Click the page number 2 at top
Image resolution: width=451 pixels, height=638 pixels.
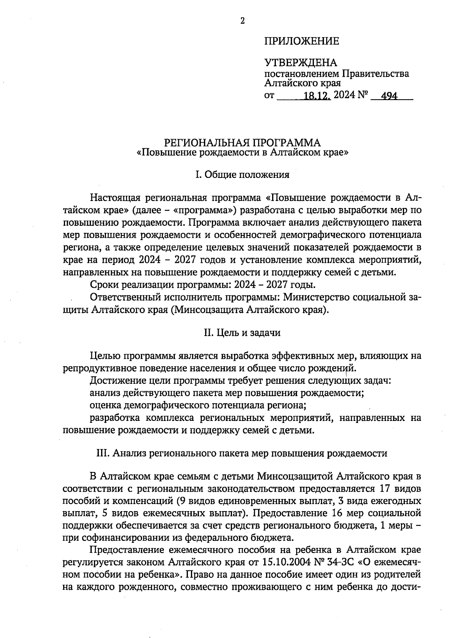(x=242, y=21)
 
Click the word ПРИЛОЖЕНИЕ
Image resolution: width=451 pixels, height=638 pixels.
(x=301, y=41)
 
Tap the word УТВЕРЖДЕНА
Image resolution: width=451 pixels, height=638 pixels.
(x=301, y=63)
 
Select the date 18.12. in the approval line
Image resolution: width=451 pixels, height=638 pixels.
(x=317, y=96)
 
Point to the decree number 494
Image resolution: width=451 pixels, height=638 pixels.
(x=389, y=96)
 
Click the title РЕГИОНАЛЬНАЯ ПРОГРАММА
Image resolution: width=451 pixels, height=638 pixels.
(x=242, y=143)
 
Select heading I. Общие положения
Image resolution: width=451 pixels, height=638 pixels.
(x=242, y=175)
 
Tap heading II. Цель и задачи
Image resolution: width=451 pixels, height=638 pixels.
(x=242, y=333)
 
